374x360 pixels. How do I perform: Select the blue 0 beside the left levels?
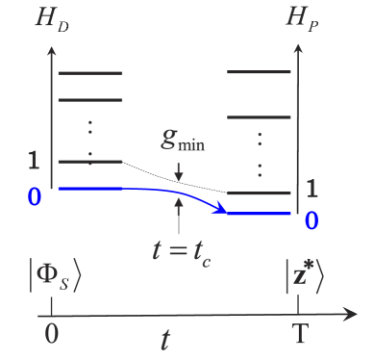point(35,196)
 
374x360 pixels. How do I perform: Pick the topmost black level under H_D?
point(90,73)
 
